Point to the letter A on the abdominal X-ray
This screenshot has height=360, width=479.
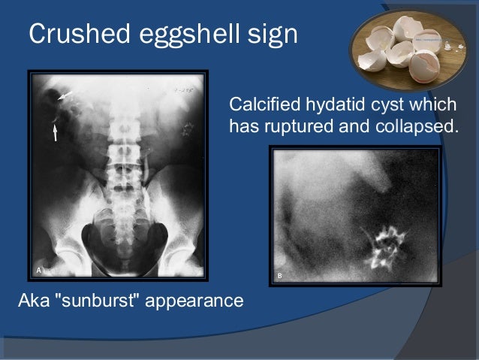coord(39,268)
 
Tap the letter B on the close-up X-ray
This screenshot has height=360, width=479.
coord(280,276)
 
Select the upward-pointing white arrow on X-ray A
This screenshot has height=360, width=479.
coord(56,133)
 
